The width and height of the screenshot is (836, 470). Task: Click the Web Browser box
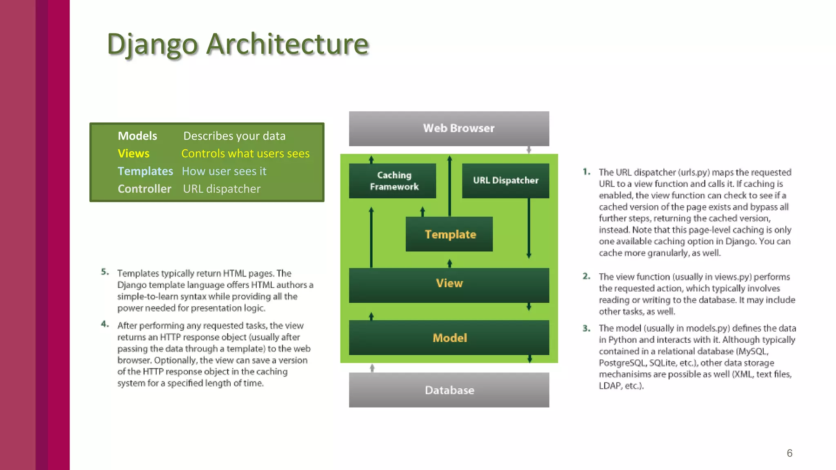click(449, 129)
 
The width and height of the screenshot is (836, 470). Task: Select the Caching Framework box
click(392, 181)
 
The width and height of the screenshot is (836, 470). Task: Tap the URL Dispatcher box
click(505, 181)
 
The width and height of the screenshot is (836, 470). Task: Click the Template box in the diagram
click(449, 234)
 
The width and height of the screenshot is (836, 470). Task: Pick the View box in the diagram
click(449, 284)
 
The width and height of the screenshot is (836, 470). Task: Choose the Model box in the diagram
click(449, 338)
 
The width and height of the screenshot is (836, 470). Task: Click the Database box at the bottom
click(449, 390)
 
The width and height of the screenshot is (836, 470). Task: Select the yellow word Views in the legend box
click(133, 153)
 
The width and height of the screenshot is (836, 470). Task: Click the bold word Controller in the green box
click(145, 189)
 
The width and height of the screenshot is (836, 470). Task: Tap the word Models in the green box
click(137, 136)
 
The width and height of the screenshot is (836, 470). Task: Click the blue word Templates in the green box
click(145, 171)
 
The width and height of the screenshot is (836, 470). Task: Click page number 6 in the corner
click(789, 453)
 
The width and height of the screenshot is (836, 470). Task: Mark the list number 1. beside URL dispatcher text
click(586, 172)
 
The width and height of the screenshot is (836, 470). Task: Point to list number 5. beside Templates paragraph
click(105, 272)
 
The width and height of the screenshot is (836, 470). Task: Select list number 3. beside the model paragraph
click(586, 328)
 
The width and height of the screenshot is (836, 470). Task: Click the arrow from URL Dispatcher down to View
click(529, 228)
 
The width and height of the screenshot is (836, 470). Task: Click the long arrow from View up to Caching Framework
click(371, 237)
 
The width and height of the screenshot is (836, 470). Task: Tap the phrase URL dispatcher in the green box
click(222, 189)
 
